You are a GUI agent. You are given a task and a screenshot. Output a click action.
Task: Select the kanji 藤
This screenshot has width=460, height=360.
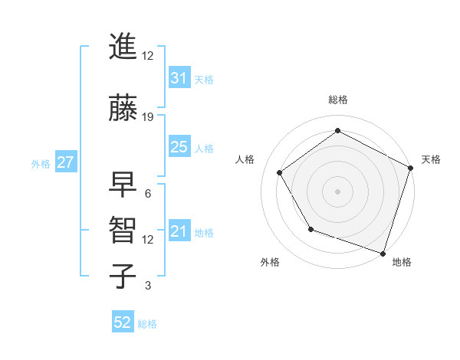123,108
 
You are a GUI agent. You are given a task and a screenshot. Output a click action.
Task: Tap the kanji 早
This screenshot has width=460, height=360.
123,185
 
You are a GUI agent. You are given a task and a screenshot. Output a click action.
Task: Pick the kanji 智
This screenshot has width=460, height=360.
123,231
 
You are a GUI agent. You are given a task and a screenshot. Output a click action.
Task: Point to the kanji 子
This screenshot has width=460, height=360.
123,277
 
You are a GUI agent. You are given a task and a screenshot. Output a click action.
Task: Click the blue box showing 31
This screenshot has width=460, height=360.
179,78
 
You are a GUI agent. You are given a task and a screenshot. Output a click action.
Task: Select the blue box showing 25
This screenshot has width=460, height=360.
179,147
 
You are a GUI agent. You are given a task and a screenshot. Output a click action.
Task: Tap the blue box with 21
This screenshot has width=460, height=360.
179,231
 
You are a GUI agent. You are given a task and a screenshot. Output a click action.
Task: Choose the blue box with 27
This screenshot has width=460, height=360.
65,162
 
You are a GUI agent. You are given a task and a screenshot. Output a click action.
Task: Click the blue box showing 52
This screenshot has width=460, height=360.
123,322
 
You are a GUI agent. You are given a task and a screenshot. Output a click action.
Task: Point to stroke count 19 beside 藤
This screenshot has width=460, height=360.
148,117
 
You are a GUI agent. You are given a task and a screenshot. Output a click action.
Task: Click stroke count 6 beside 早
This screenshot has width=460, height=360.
148,194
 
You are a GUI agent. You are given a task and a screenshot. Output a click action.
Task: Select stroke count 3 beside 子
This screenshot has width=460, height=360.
148,286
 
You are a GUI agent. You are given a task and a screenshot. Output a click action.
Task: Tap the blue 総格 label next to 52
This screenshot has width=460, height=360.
147,324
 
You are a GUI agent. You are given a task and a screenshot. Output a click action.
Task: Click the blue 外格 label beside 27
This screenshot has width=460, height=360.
40,163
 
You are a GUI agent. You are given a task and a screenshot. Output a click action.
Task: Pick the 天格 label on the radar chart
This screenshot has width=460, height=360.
431,159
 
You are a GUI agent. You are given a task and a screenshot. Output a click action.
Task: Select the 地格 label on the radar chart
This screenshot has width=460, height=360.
402,262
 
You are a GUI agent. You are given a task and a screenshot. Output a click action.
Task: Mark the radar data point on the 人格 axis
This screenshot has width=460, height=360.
279,172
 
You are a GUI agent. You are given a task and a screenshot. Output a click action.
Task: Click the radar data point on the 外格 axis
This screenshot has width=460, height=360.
310,229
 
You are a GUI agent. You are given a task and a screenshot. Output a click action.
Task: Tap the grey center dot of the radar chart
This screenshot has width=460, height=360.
337,191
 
